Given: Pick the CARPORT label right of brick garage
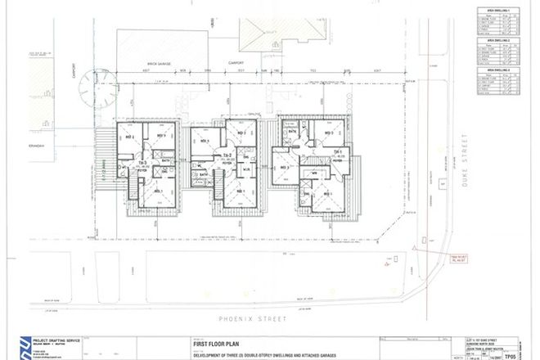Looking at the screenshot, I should click(237, 62).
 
